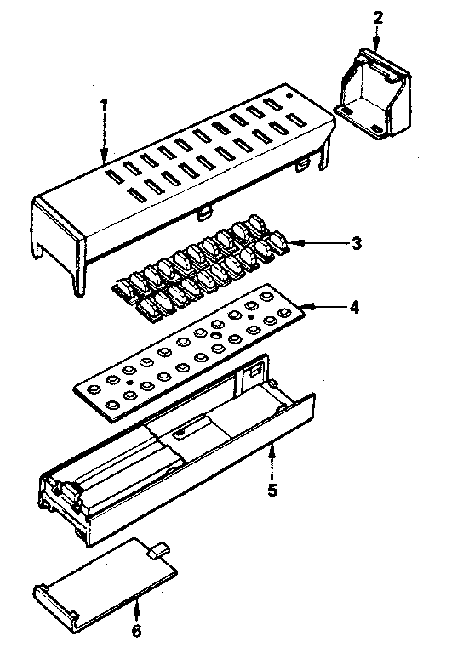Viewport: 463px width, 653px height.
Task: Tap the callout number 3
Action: (357, 243)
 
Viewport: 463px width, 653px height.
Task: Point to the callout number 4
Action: (354, 306)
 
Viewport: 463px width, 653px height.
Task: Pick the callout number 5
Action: (272, 490)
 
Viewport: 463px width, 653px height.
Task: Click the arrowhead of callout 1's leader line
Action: (104, 161)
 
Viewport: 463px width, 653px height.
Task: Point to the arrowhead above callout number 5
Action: (272, 449)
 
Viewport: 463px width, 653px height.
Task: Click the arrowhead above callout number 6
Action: (136, 602)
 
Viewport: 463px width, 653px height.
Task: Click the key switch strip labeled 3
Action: (204, 268)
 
